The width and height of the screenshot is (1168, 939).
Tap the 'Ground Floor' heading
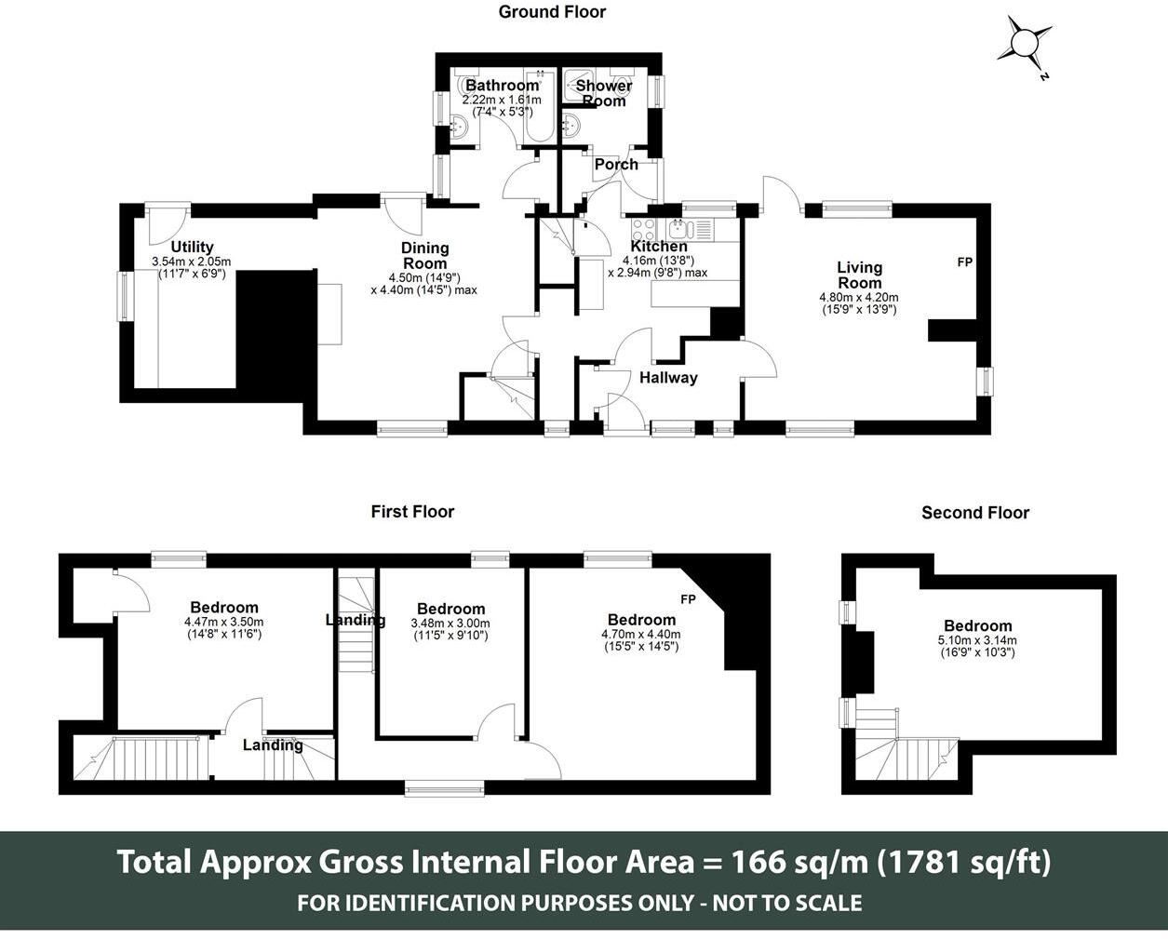click(552, 12)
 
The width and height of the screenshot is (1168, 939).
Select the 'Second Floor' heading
click(974, 513)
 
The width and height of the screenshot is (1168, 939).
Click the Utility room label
click(192, 248)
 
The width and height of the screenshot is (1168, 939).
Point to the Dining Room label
click(424, 256)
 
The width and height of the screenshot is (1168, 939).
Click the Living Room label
click(859, 275)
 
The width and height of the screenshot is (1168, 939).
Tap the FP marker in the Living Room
click(965, 262)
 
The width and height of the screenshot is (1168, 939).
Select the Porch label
click(616, 165)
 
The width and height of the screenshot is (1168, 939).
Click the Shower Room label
click(603, 93)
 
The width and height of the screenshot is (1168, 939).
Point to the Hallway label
click(668, 378)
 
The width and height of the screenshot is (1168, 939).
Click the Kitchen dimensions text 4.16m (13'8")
click(659, 261)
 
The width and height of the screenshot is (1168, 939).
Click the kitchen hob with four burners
click(643, 229)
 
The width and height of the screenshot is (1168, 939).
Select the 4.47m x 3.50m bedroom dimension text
click(223, 622)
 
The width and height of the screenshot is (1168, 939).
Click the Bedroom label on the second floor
click(977, 626)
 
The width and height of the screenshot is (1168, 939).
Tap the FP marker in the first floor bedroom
click(689, 598)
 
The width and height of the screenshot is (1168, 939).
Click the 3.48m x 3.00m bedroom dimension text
click(450, 624)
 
